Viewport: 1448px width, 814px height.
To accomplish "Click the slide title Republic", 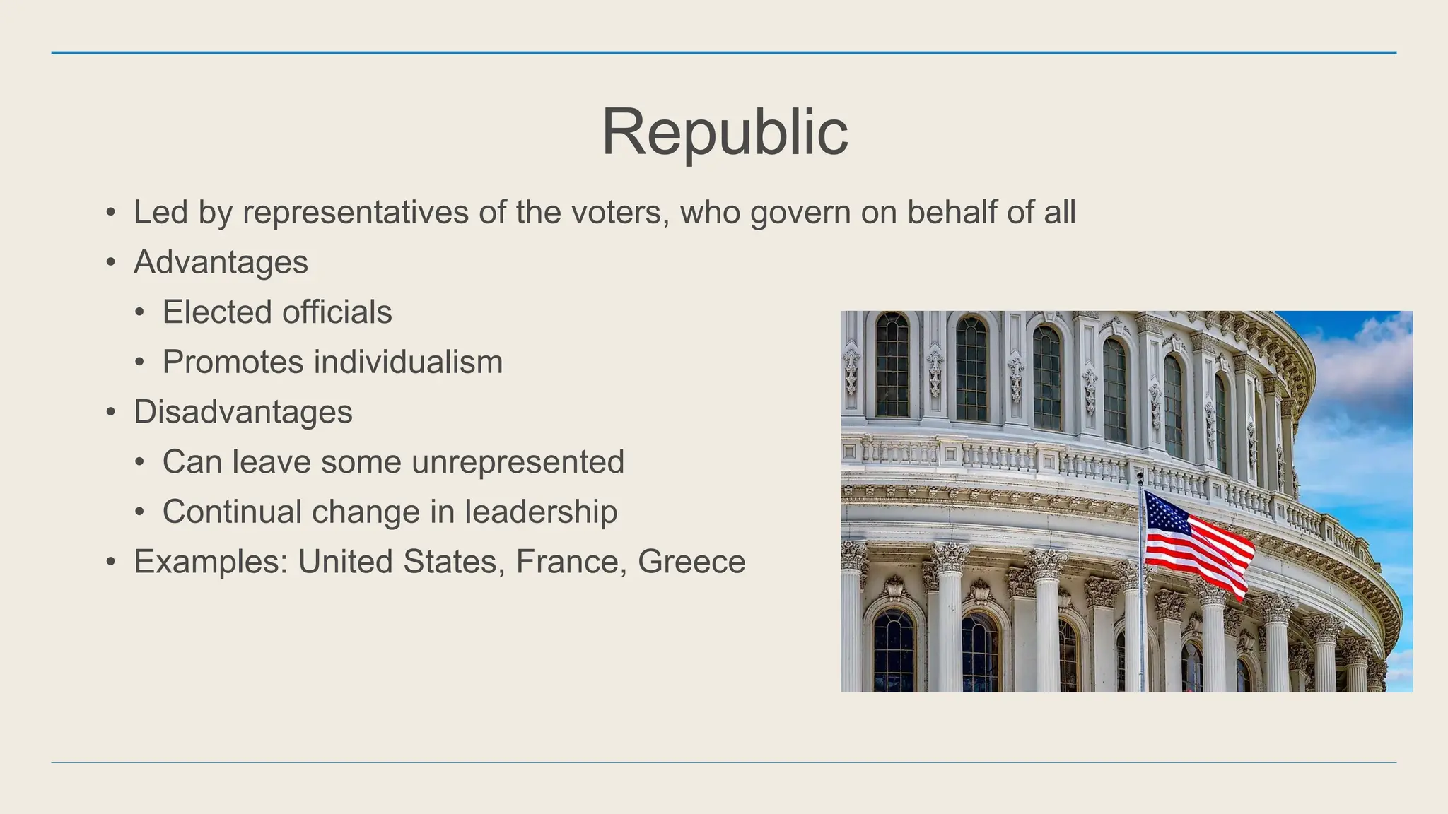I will click(724, 132).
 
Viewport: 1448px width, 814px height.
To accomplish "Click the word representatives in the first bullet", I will click(355, 213).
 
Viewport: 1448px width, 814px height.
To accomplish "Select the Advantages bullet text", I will click(221, 263).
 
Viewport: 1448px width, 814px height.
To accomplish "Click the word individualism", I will click(408, 362).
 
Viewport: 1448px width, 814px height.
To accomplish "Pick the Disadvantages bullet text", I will click(243, 412).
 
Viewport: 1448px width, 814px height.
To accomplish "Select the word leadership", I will click(541, 512).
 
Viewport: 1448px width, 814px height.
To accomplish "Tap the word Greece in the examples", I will click(691, 562).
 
